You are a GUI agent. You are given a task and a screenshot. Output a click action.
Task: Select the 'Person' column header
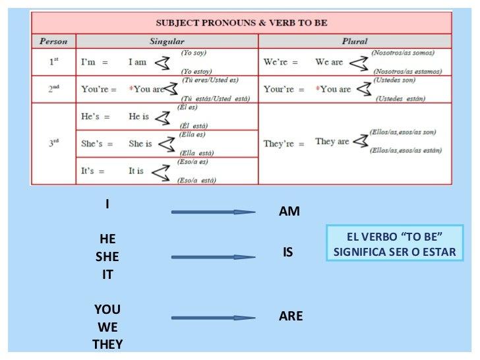(53, 41)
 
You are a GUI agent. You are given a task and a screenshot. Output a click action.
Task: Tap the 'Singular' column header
(167, 41)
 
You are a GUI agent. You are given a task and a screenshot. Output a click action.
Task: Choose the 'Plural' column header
(355, 41)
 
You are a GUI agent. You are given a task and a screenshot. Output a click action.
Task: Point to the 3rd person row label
(54, 142)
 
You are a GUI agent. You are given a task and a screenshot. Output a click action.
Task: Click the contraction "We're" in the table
(278, 63)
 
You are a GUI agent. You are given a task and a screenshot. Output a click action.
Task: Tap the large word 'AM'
(289, 212)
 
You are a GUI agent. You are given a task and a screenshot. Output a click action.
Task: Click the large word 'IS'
(287, 253)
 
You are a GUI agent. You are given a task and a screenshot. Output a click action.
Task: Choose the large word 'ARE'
(291, 316)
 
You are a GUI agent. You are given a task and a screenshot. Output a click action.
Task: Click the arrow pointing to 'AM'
(212, 212)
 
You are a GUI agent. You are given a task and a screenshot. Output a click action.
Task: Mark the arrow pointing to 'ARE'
(212, 318)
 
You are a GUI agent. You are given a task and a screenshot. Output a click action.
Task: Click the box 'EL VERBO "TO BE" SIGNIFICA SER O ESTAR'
(394, 244)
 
